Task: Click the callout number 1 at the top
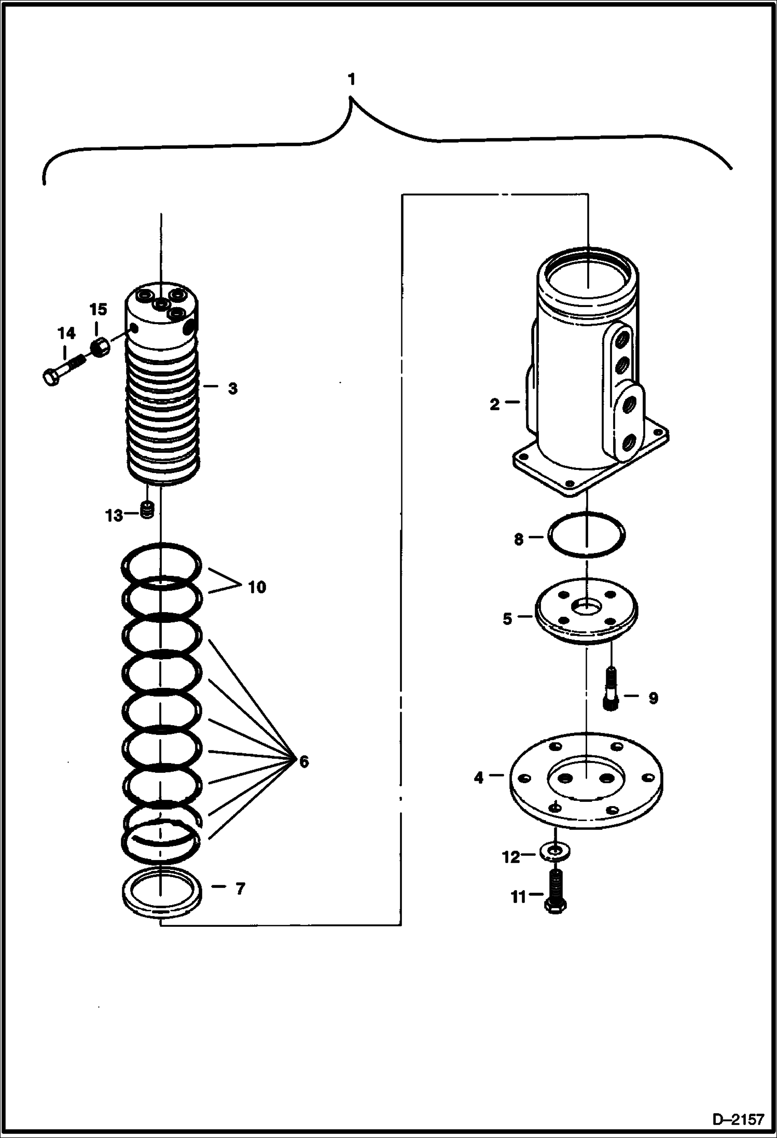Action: coord(352,80)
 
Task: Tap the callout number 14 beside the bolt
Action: coord(66,333)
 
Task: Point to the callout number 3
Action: coord(232,388)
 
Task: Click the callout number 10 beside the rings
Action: coord(257,587)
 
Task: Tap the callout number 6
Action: coord(303,761)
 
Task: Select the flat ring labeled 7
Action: coord(161,892)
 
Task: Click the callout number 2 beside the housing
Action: coord(495,404)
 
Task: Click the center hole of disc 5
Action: coord(587,605)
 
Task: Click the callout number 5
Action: coord(507,619)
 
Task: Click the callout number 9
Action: coord(653,698)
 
